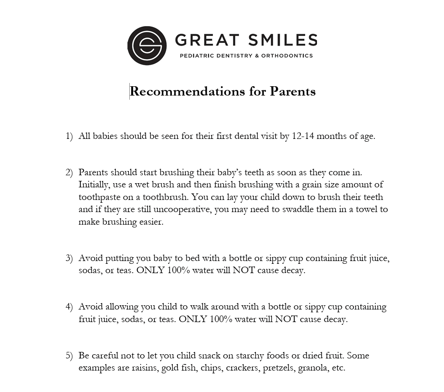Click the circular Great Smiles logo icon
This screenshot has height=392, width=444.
point(147,45)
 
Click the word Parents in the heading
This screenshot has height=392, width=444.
point(293,91)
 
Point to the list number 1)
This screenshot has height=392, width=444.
point(69,136)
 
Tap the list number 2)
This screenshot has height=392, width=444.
point(69,172)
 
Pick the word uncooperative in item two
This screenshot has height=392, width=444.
point(182,209)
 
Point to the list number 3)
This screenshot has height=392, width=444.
point(69,258)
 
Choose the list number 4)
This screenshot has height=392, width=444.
point(69,307)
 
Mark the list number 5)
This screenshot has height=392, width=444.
point(69,355)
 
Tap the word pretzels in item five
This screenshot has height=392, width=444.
point(278,368)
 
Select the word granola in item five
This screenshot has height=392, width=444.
point(313,368)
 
